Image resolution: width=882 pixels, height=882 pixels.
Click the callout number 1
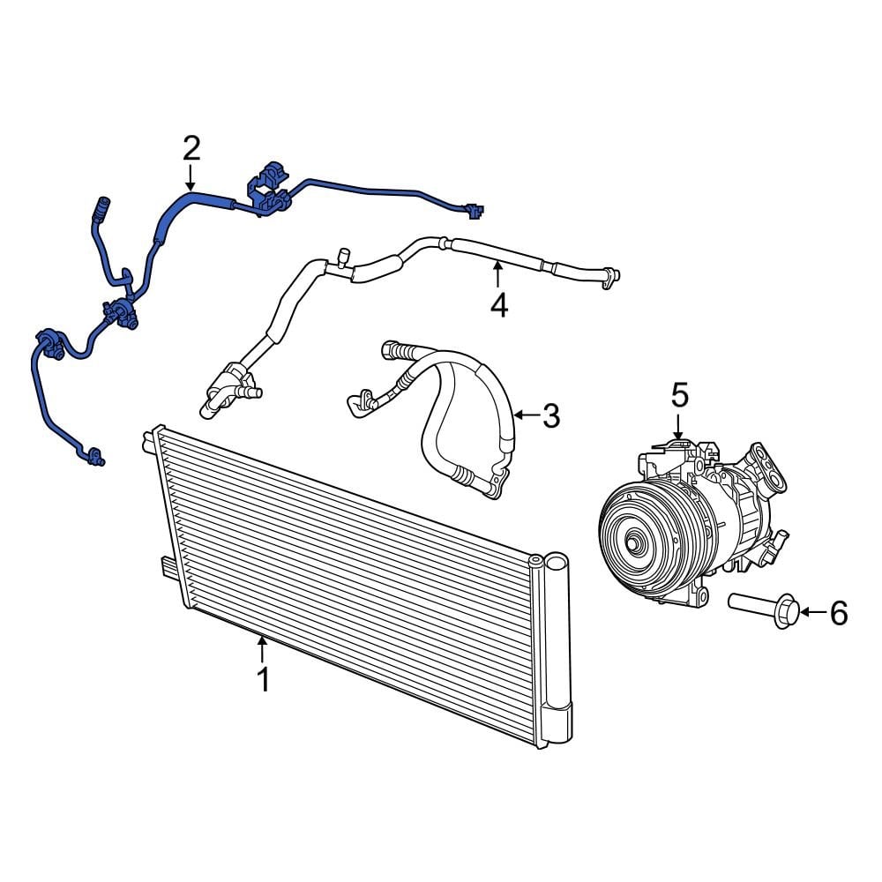click(x=263, y=681)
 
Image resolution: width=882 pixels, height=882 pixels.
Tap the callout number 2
click(x=191, y=148)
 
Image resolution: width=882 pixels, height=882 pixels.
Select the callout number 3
click(x=550, y=415)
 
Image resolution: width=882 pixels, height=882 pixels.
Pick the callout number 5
click(x=679, y=394)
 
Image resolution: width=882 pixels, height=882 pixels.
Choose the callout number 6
click(x=838, y=612)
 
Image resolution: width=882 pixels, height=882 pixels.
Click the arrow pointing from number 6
click(x=813, y=612)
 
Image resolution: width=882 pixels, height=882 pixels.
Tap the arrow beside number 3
click(x=527, y=415)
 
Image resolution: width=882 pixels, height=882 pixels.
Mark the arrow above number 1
click(x=263, y=649)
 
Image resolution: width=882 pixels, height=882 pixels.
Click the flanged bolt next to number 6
click(x=764, y=609)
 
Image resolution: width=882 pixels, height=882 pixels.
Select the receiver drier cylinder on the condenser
click(x=557, y=648)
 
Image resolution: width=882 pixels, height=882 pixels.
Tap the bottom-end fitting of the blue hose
click(x=93, y=456)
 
